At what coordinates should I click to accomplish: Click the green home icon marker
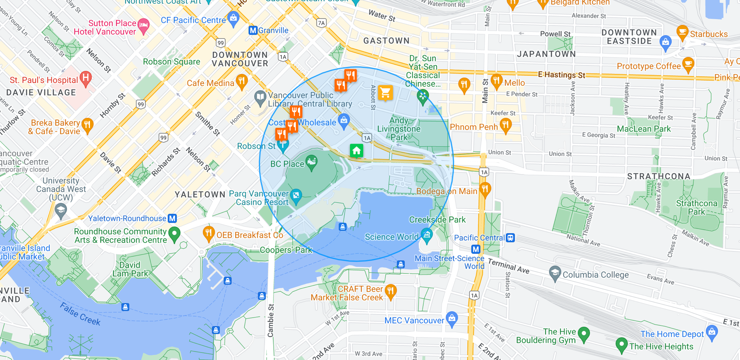(356, 151)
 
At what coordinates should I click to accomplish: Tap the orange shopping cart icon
(385, 93)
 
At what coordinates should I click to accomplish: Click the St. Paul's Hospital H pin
(86, 77)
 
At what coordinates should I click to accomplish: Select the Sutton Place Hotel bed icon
(143, 25)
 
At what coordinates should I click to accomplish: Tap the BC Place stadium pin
(311, 163)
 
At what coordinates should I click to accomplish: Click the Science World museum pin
(426, 234)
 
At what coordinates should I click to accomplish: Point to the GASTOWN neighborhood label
(386, 41)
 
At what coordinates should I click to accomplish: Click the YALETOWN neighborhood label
(200, 195)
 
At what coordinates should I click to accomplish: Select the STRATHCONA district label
(658, 176)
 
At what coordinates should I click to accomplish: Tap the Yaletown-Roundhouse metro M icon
(172, 218)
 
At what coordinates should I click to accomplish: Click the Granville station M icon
(253, 30)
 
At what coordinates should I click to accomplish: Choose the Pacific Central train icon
(510, 238)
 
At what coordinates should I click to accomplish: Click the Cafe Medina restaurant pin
(241, 81)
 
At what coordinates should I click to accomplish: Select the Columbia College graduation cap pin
(555, 273)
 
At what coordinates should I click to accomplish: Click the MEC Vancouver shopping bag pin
(452, 318)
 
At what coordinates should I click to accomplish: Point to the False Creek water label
(80, 314)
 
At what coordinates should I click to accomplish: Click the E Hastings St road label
(561, 75)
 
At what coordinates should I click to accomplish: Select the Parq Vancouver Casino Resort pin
(296, 196)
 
